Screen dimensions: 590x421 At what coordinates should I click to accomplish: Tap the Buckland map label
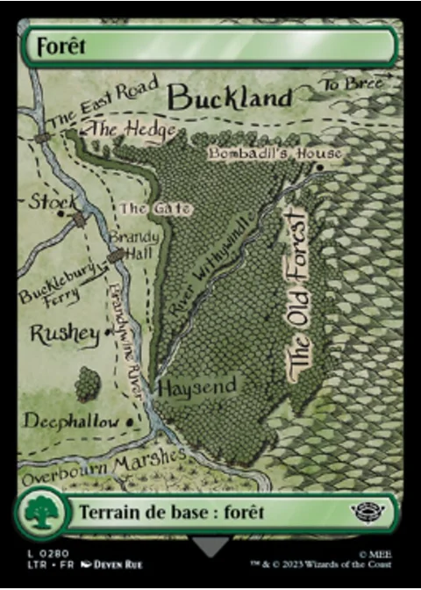(229, 97)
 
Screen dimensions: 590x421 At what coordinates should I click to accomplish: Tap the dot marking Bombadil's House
(321, 166)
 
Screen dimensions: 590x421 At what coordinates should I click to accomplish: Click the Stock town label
(54, 203)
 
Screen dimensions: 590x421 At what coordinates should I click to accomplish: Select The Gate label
(146, 209)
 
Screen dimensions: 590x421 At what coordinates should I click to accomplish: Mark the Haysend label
(197, 386)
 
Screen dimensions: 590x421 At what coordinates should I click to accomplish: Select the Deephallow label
(71, 422)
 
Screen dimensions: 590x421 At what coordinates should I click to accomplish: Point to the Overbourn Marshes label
(103, 468)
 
